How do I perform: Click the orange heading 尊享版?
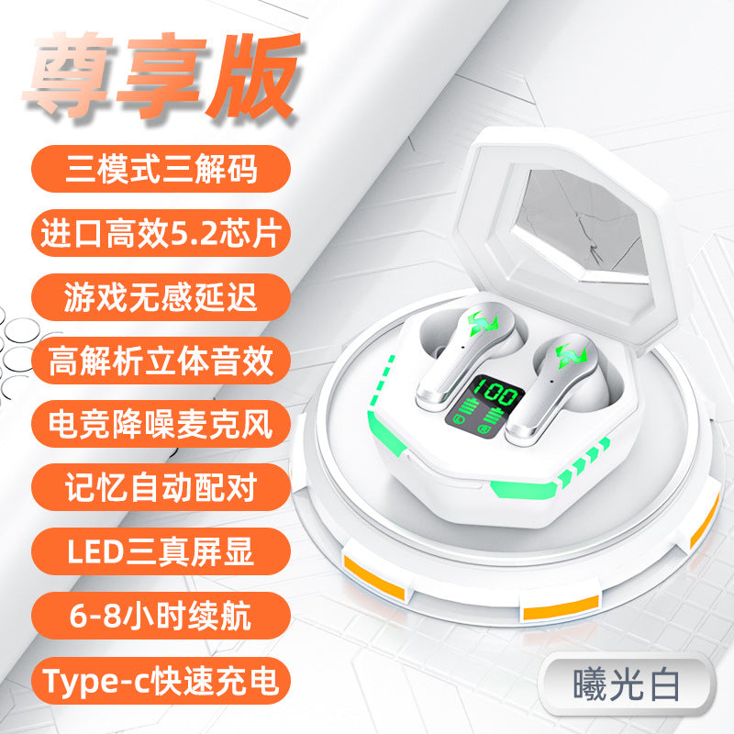(x=161, y=75)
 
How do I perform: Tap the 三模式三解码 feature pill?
(x=161, y=169)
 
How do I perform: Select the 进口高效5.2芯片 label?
(x=161, y=233)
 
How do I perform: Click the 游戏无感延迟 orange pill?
(x=161, y=297)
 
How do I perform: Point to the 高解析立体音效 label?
(x=161, y=361)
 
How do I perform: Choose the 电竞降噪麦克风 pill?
(x=161, y=424)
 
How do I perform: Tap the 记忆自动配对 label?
(x=161, y=487)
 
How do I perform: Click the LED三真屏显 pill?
(x=161, y=551)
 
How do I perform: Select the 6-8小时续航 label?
(x=161, y=616)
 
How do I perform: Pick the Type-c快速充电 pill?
(x=161, y=680)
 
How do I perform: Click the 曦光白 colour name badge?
(x=627, y=685)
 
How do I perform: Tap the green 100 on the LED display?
(x=495, y=393)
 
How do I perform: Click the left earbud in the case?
(x=466, y=354)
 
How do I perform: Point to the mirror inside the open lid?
(x=581, y=226)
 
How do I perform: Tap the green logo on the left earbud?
(x=484, y=324)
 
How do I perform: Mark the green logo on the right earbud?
(x=571, y=355)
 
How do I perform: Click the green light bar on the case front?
(x=523, y=489)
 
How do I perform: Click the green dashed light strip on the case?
(x=381, y=382)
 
